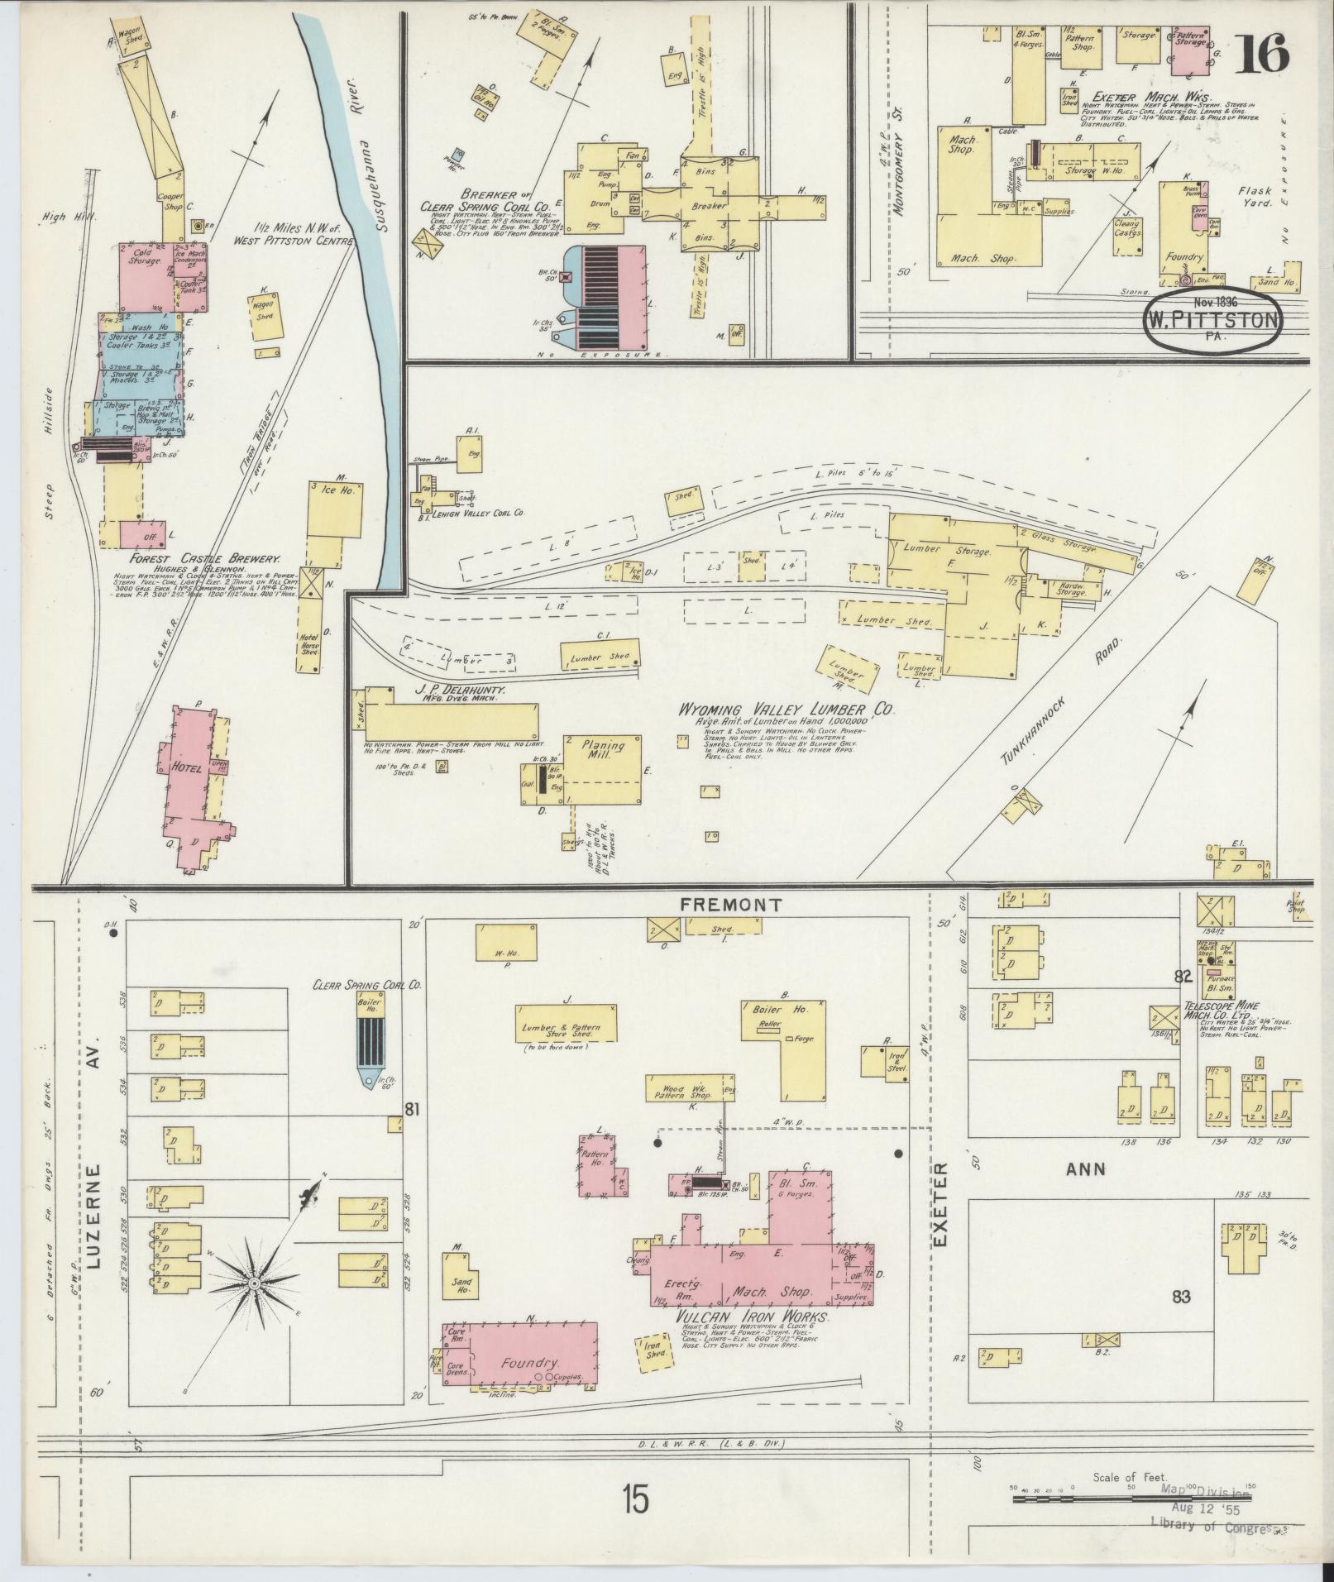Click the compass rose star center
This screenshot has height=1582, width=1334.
click(256, 1306)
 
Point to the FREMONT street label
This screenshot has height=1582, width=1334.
click(730, 906)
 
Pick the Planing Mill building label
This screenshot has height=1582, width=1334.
click(604, 750)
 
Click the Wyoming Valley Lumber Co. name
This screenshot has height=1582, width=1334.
click(787, 710)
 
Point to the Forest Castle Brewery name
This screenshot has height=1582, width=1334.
click(198, 560)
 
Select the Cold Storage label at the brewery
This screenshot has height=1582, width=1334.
click(144, 260)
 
